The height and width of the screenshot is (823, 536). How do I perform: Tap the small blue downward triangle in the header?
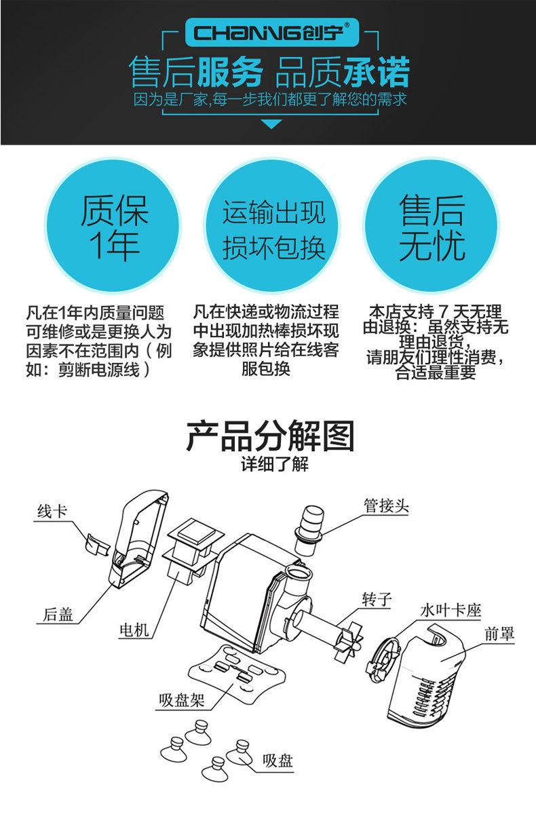tap(271, 123)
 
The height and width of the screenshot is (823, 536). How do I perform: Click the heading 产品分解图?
tap(271, 437)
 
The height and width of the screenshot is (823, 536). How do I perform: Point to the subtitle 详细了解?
tap(271, 466)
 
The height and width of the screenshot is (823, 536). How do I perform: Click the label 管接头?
tap(385, 506)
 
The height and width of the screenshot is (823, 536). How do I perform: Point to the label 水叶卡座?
tap(451, 610)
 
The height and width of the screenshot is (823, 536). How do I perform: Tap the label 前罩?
tap(499, 634)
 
